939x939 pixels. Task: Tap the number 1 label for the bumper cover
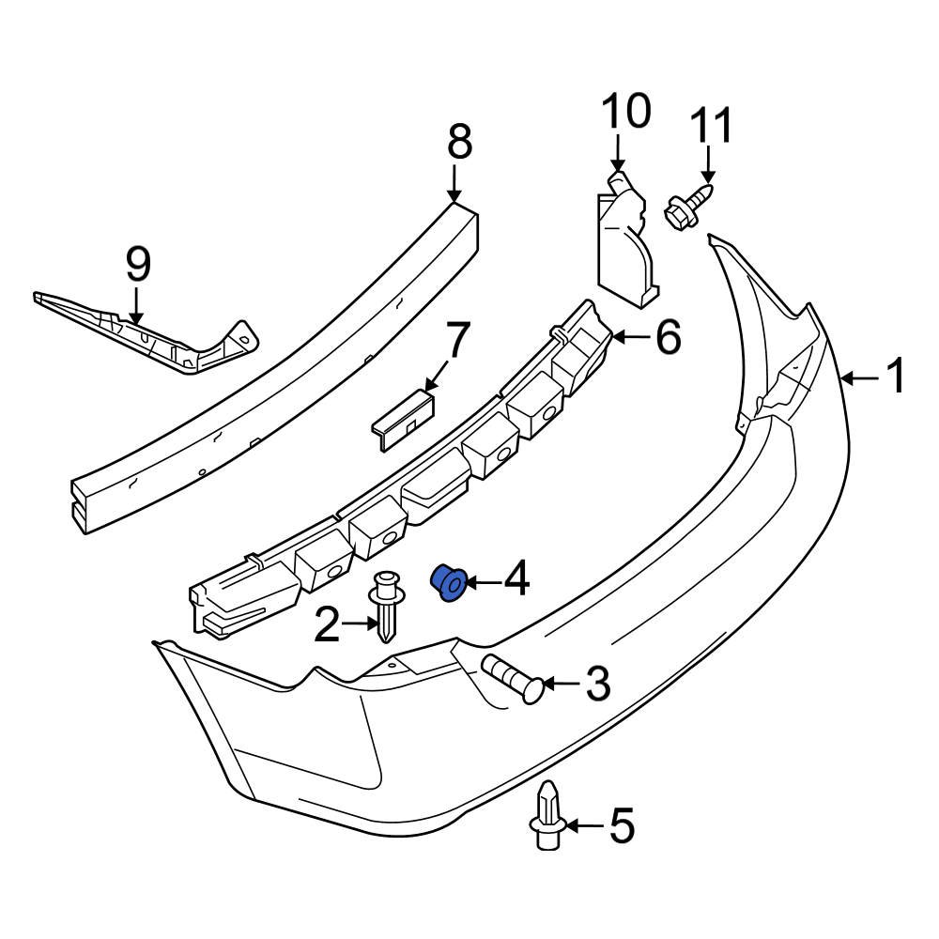tap(896, 377)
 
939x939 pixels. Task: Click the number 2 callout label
tap(327, 625)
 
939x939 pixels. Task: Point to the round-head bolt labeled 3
tap(512, 678)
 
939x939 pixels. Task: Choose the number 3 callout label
tap(597, 684)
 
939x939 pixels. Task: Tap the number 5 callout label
tap(621, 826)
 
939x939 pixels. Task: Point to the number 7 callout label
tap(455, 342)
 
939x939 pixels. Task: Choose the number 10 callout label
tap(624, 112)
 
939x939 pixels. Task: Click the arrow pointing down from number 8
tap(456, 183)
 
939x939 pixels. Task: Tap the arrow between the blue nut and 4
tap(481, 583)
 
